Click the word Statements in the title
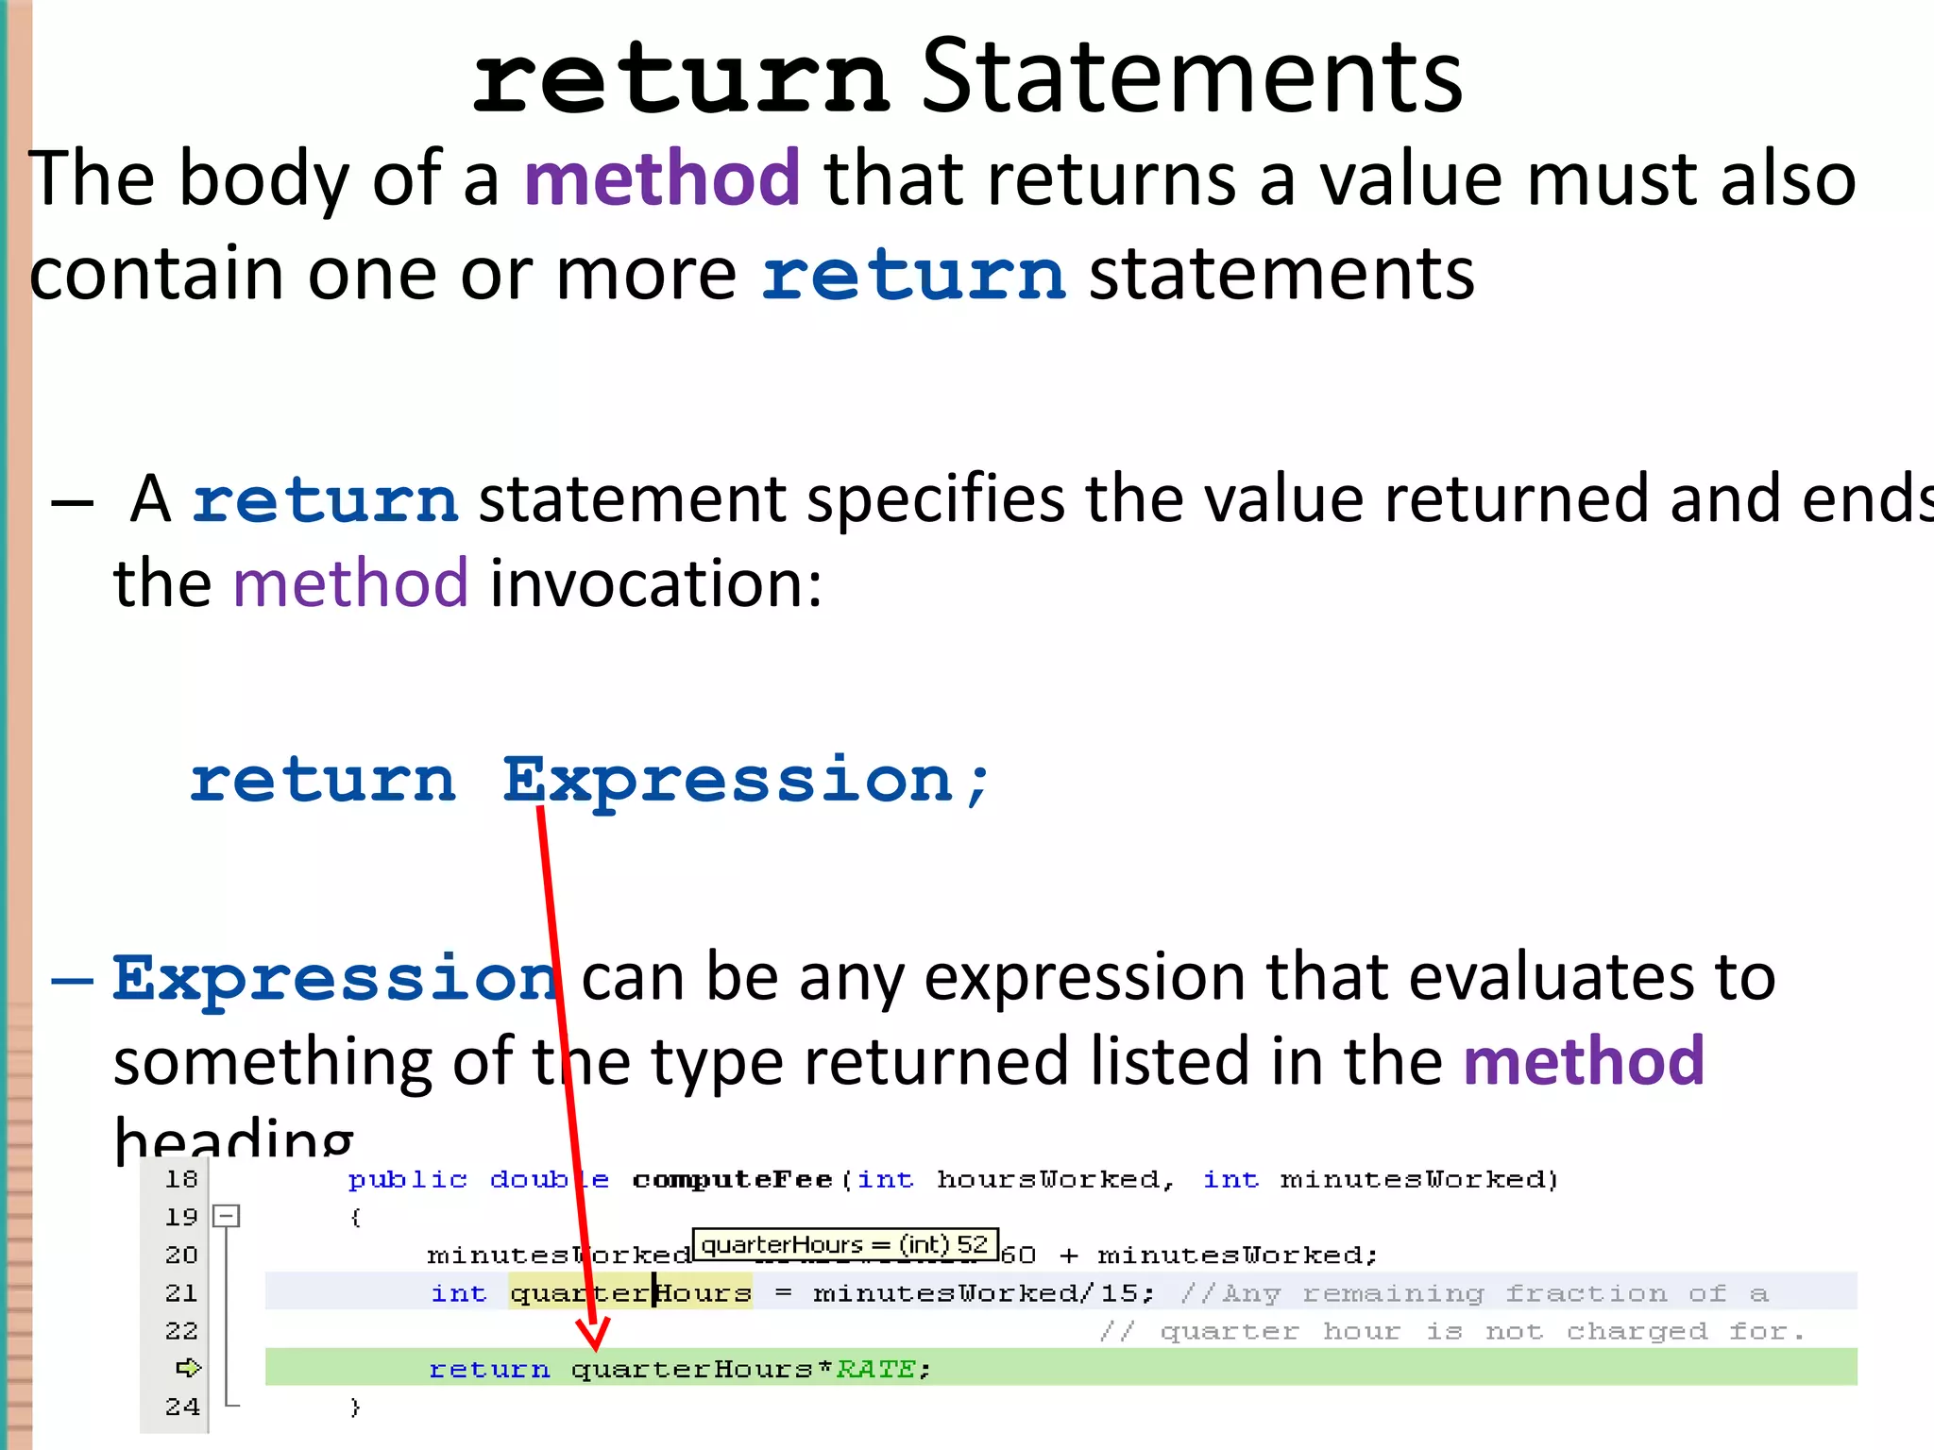[1191, 77]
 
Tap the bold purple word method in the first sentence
[662, 178]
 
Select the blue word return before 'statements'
[913, 276]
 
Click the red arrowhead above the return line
[594, 1334]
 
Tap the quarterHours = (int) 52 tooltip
[844, 1245]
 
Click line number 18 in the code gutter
[181, 1179]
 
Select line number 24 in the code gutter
[181, 1407]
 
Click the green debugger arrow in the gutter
[188, 1368]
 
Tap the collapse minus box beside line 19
[227, 1216]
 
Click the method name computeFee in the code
[732, 1180]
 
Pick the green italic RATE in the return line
[875, 1369]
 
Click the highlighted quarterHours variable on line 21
[630, 1292]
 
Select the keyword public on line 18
[407, 1180]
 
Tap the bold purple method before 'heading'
[1584, 1061]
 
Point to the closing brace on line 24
[355, 1407]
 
